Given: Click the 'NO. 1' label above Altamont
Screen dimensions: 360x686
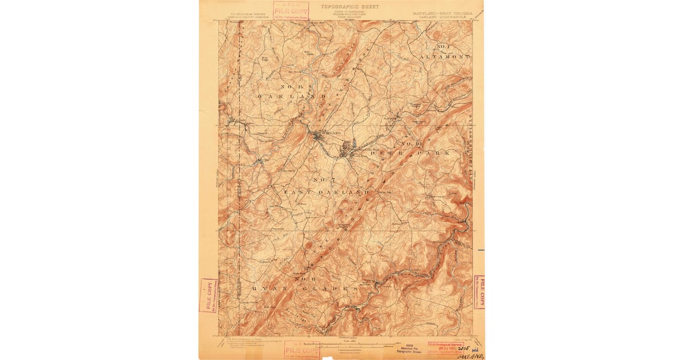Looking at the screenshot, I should point(444,46).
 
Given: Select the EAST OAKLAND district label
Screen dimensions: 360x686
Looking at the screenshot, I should point(327,193).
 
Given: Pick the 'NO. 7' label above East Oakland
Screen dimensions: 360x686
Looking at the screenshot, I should point(323,181).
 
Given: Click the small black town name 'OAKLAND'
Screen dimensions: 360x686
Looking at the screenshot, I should point(331,133).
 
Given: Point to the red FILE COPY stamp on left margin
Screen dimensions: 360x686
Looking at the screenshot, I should point(208,295).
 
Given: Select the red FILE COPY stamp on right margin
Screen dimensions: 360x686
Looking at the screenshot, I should point(479,292).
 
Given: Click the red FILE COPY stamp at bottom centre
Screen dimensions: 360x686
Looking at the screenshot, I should point(301,349).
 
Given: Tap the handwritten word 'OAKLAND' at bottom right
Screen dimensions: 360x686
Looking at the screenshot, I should point(470,354).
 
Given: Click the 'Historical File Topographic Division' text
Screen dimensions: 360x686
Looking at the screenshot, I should point(408,349).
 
